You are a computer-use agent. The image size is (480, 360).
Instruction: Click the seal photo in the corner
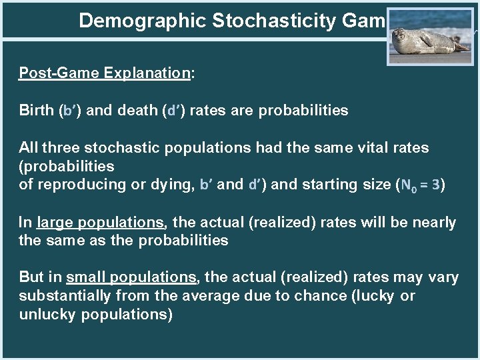click(430, 36)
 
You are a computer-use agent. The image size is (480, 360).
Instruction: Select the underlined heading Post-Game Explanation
click(104, 73)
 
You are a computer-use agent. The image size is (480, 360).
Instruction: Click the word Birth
click(37, 111)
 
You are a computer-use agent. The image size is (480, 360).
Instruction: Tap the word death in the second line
click(137, 111)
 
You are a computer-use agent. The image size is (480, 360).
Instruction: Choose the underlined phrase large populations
click(100, 222)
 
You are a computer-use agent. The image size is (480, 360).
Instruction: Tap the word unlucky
click(47, 314)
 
